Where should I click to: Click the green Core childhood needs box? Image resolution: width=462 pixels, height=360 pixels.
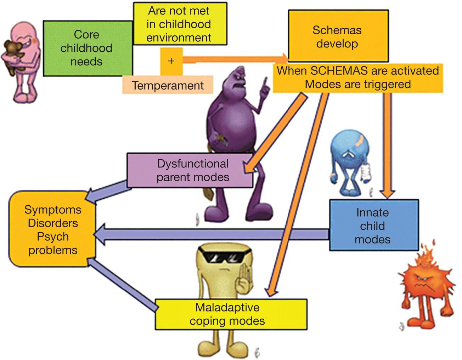(87, 48)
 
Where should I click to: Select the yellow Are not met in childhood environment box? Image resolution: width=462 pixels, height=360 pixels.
(179, 24)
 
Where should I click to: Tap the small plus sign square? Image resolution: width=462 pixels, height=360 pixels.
(171, 61)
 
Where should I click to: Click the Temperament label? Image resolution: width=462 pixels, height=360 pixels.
(168, 85)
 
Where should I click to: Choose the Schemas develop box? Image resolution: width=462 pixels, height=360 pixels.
(337, 36)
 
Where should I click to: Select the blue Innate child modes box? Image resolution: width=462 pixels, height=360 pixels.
(373, 226)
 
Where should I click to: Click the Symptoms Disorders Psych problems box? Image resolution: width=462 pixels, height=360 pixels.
(53, 230)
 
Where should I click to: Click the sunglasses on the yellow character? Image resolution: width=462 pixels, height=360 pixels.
(225, 256)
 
